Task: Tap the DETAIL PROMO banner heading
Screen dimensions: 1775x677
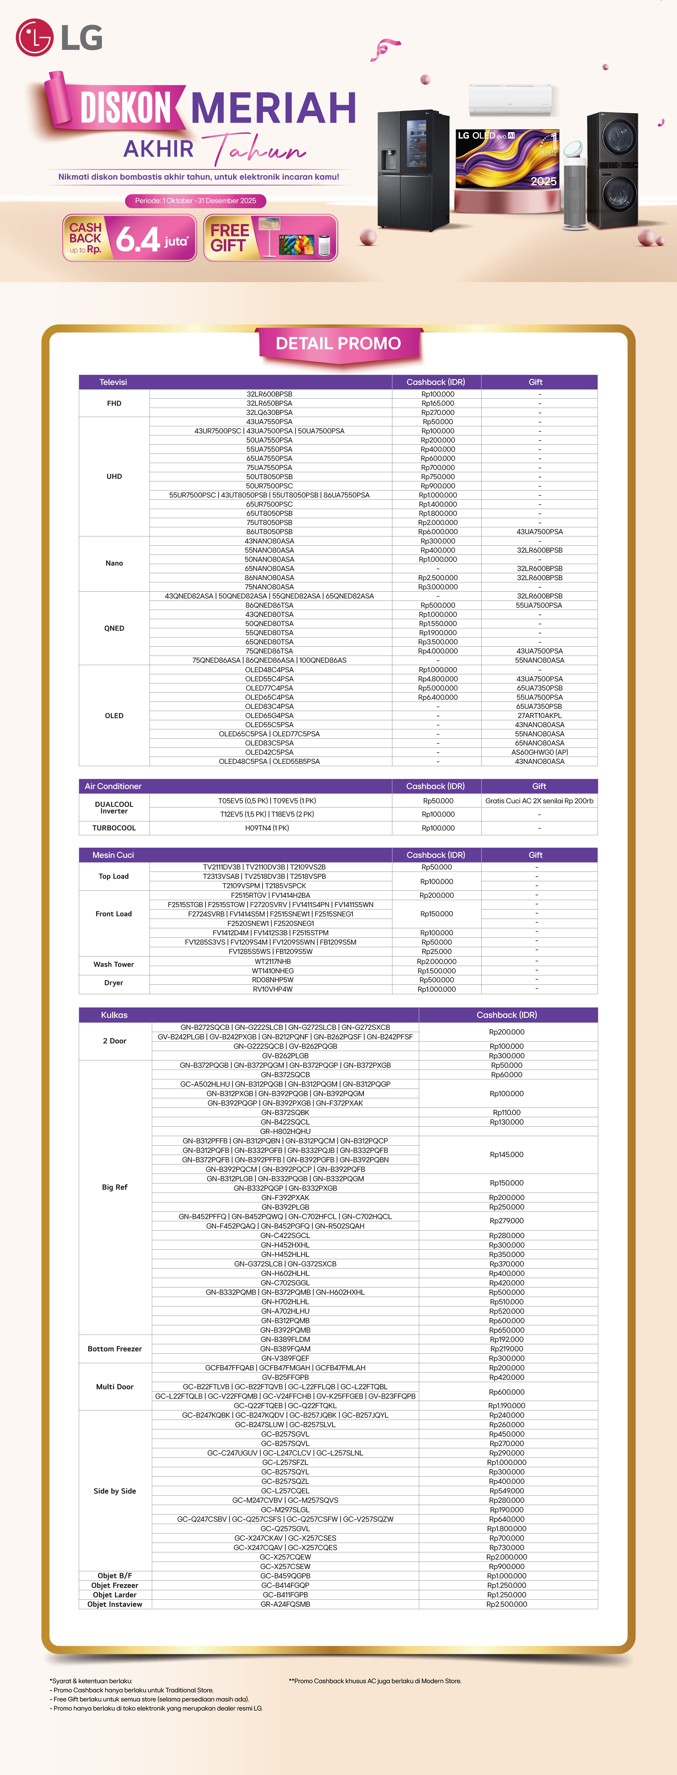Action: tap(338, 343)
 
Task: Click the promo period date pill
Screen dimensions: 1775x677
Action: tap(196, 201)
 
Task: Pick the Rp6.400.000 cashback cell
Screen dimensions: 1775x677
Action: tap(437, 697)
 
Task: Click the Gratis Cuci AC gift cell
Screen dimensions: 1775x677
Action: tap(539, 801)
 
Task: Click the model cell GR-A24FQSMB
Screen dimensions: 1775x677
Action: tap(285, 1604)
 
